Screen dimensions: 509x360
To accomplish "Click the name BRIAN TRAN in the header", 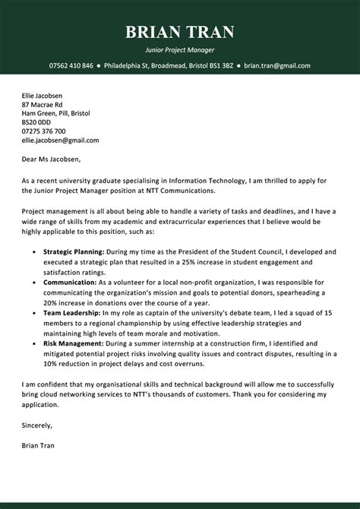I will tap(179, 32).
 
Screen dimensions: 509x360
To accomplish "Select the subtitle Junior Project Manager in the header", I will tap(179, 49).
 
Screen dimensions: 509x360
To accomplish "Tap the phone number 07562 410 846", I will tap(71, 66).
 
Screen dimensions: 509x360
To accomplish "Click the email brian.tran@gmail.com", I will tap(277, 66).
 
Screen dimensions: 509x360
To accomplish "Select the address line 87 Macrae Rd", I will tap(43, 104).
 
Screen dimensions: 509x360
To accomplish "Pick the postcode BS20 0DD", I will tap(36, 122).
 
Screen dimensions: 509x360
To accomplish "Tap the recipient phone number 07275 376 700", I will tap(44, 131).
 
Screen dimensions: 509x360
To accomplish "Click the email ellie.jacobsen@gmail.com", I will tap(60, 141).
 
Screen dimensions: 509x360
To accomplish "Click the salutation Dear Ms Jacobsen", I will tap(51, 160).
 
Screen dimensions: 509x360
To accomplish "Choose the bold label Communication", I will tap(69, 281).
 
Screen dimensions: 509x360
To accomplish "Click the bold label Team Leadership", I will tap(71, 312).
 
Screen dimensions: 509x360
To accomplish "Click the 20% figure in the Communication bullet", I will tap(52, 302).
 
